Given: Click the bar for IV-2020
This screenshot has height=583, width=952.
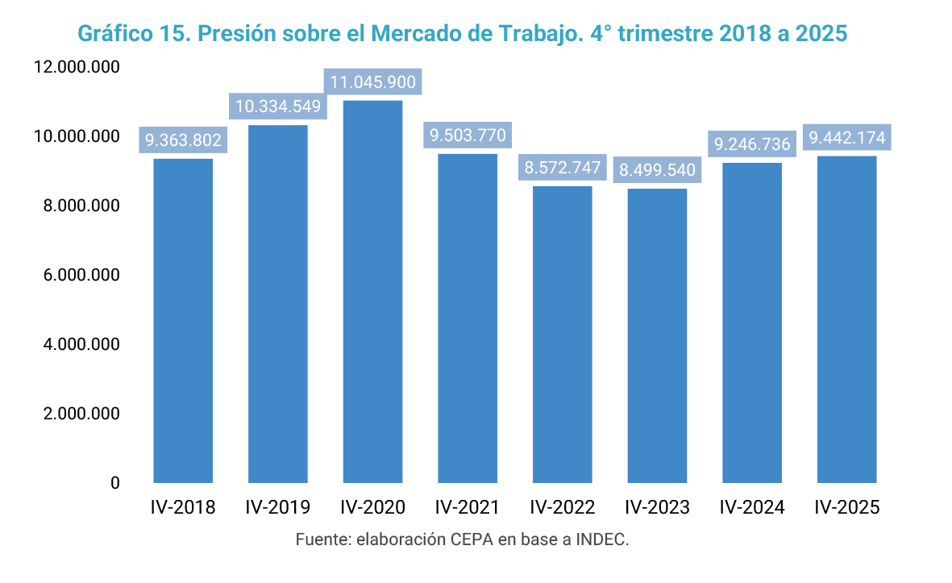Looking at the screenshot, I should point(372,290).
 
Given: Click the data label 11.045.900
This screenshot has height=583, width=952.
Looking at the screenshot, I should point(372,81).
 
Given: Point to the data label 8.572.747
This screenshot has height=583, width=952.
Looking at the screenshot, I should point(563,168).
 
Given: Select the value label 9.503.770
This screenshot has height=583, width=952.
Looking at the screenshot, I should point(468,135).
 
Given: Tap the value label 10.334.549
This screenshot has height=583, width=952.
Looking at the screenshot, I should point(278,106).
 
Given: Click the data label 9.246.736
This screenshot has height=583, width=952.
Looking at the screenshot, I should point(752,144).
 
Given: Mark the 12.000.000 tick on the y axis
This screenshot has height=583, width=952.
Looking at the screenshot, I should point(77,68).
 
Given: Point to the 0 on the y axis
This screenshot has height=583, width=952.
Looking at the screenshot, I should point(115,483).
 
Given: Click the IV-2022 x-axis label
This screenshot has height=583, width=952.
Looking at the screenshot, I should point(563,507).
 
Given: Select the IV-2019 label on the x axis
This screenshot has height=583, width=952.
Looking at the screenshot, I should point(278,507).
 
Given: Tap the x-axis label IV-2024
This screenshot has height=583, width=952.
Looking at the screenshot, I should point(752,507).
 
